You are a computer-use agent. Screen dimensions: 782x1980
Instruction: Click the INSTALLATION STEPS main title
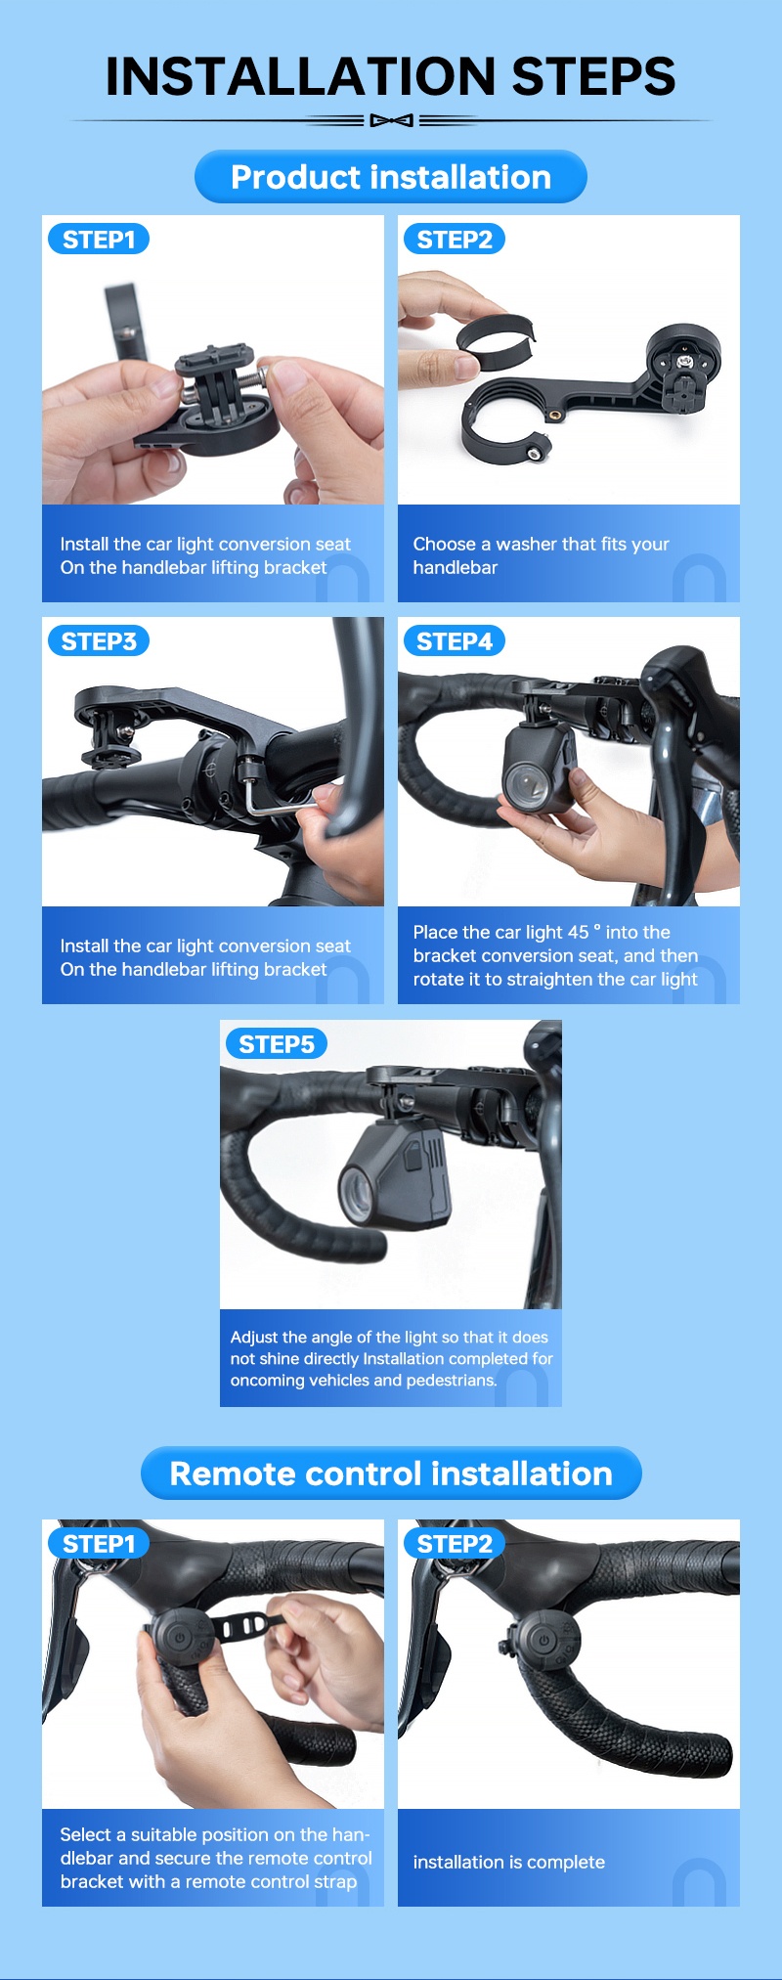pos(391,76)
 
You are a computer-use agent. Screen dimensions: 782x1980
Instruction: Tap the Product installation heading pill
pos(391,177)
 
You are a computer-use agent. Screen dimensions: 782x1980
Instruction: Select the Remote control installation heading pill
pos(391,1474)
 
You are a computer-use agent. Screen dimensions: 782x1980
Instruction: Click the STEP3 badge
pos(99,641)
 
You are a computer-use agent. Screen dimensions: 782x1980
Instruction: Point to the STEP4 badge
pos(455,641)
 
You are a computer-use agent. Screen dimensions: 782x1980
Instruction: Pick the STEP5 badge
pos(277,1044)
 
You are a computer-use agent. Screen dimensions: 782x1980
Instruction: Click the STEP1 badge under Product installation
pos(99,240)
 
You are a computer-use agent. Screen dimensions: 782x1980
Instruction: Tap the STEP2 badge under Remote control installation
pos(455,1544)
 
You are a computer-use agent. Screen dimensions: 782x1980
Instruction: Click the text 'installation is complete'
pos(508,1863)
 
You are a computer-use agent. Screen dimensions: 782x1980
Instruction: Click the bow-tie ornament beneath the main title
pos(391,121)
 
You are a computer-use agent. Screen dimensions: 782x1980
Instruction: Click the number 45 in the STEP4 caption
pos(579,932)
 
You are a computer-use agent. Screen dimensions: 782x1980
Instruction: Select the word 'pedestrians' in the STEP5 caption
pos(449,1381)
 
